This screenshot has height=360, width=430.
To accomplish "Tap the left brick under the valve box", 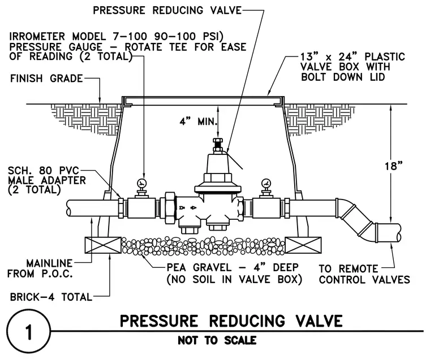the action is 103,245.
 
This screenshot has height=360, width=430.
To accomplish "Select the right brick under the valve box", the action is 303,245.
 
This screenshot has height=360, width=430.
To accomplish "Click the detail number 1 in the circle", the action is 28,332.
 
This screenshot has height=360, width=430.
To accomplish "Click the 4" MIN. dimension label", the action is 198,121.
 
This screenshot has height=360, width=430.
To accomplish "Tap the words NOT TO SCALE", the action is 217,341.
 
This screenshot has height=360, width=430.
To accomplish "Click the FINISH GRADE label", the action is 46,79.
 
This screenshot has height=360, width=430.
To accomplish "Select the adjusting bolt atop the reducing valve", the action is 218,145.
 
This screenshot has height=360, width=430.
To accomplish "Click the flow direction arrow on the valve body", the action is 193,208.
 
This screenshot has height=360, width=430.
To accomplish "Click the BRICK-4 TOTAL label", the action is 51,297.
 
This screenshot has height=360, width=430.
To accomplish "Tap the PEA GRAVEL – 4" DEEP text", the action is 233,267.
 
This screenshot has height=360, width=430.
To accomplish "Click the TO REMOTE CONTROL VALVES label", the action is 364,274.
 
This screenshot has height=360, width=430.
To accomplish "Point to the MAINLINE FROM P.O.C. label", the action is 40,268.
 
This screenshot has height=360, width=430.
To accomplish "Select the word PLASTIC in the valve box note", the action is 385,57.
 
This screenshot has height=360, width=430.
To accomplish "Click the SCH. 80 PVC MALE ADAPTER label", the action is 47,180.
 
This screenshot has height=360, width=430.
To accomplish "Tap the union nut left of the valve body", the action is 170,208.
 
